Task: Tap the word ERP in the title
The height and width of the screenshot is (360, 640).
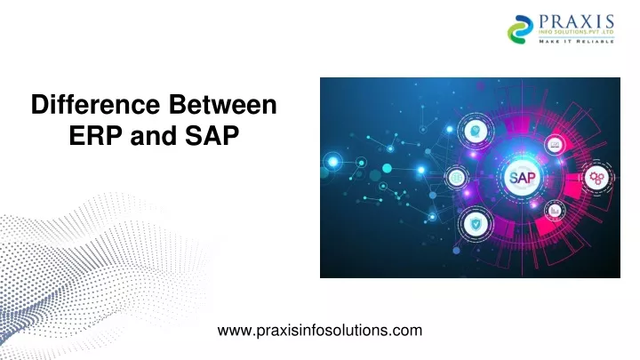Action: (92, 139)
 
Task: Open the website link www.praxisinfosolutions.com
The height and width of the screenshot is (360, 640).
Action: (319, 331)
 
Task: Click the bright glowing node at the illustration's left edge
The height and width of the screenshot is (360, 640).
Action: (334, 161)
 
